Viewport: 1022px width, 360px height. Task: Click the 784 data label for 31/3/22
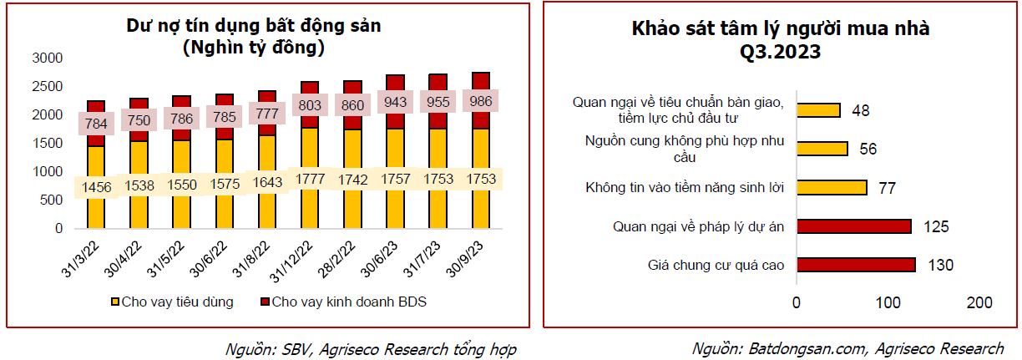[x=96, y=123]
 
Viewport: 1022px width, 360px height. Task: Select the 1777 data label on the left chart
[x=310, y=179]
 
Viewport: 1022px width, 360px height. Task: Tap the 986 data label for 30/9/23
[x=480, y=101]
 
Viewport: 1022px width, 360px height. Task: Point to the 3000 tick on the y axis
[x=47, y=58]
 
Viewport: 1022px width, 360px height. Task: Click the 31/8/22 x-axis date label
[x=251, y=259]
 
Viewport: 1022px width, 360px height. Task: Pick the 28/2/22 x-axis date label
[x=336, y=259]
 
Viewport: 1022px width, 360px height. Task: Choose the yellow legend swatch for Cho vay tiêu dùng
[x=115, y=302]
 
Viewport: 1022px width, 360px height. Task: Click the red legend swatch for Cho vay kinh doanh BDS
[x=265, y=302]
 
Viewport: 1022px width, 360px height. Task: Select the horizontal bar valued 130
[x=857, y=265]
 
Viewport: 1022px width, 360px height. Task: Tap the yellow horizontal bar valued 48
[x=819, y=110]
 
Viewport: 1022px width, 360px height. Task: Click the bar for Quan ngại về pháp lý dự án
[x=854, y=226]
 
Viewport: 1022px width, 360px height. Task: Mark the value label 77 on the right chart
[x=887, y=188]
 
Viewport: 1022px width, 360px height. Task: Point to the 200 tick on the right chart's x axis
[x=979, y=302]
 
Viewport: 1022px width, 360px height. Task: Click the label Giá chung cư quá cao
[x=716, y=265]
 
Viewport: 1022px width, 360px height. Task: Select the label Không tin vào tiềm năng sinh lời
[x=685, y=188]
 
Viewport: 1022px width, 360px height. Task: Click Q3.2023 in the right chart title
[x=780, y=52]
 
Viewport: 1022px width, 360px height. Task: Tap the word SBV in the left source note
[x=296, y=349]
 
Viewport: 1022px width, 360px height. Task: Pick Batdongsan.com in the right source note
[x=807, y=348]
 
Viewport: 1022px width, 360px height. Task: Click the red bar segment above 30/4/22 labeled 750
[x=139, y=119]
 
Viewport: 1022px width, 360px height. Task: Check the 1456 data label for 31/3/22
[x=96, y=187]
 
